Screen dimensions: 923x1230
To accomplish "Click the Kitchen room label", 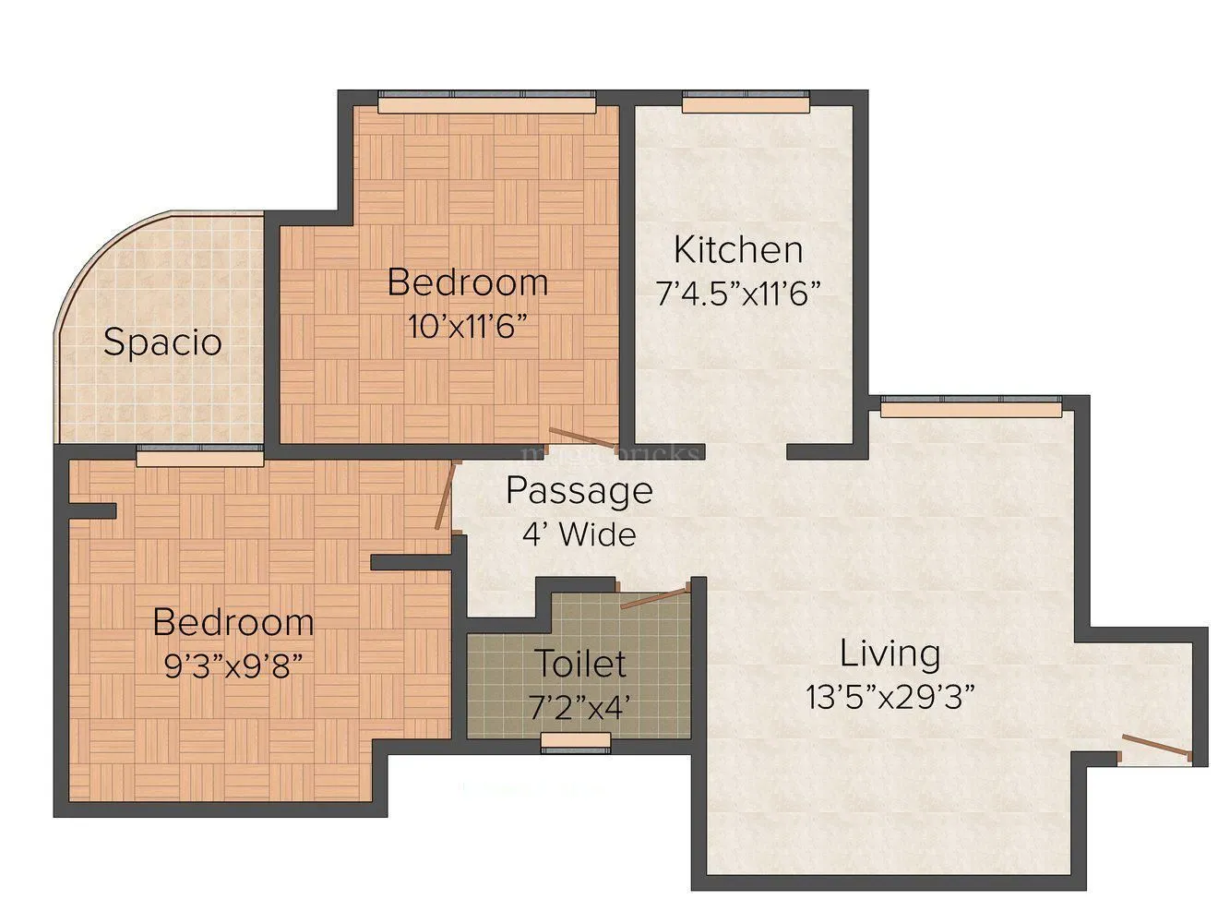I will point(737,250).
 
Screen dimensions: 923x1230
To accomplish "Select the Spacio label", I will point(162,342).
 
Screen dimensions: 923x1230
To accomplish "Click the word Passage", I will point(579,491).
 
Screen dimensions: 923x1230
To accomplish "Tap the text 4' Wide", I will point(579,534).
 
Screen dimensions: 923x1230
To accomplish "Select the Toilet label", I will point(580,663).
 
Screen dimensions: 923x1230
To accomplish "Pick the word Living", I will point(890,653).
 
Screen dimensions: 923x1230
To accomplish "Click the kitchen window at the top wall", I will point(746,102).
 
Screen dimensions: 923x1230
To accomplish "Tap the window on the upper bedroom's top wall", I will point(486,102).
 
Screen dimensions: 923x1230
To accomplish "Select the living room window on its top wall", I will point(971,405).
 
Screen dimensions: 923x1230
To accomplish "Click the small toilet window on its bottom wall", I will point(576,741).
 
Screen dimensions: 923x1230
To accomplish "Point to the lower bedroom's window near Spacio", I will point(199,454).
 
